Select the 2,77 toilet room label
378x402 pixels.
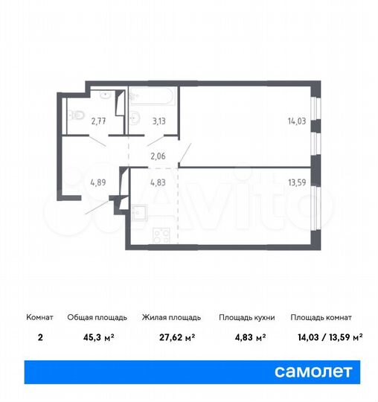pos(99,118)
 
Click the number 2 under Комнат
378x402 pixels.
pos(39,336)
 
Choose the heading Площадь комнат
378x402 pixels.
pos(321,317)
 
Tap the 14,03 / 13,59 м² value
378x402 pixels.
pos(326,336)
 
